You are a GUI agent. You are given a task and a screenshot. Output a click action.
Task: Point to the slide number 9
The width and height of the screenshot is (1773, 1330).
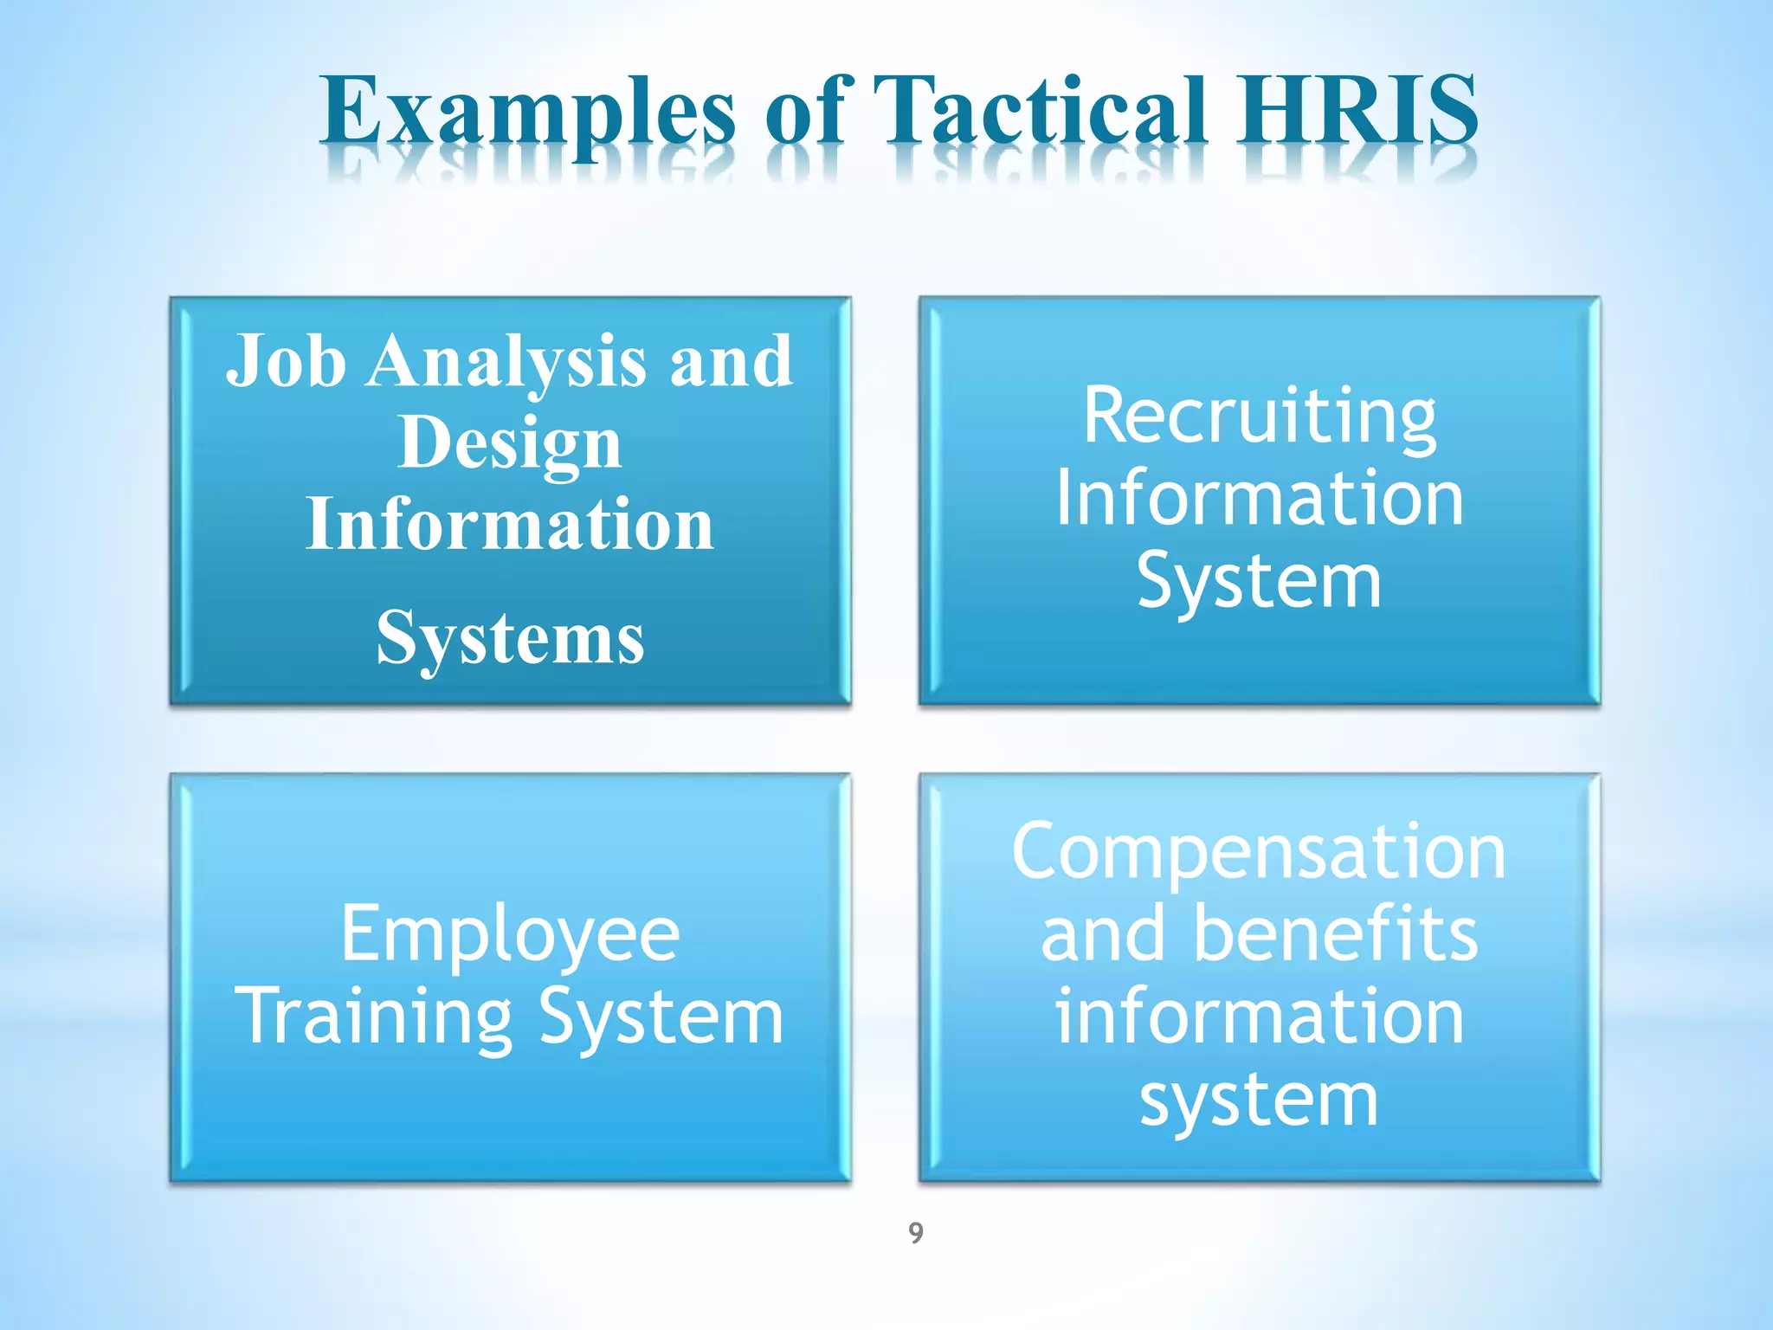pyautogui.click(x=916, y=1232)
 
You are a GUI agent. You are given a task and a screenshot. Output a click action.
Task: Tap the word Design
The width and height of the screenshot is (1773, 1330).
pyautogui.click(x=510, y=443)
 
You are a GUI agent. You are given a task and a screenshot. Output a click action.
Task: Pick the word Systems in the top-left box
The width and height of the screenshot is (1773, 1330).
pyautogui.click(x=510, y=639)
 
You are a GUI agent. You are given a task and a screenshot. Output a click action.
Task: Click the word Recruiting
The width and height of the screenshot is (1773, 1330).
pyautogui.click(x=1260, y=416)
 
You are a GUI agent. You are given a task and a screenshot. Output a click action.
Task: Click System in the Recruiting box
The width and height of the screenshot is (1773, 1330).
pyautogui.click(x=1260, y=582)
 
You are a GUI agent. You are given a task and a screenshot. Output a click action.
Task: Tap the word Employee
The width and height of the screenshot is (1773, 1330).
pyautogui.click(x=510, y=935)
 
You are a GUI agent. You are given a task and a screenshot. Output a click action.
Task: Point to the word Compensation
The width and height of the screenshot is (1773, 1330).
pyautogui.click(x=1260, y=854)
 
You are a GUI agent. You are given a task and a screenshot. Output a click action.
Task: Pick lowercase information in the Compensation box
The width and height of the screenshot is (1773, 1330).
pyautogui.click(x=1260, y=1017)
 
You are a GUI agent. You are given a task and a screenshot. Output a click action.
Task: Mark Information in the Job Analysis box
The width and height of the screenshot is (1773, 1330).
pyautogui.click(x=510, y=525)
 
